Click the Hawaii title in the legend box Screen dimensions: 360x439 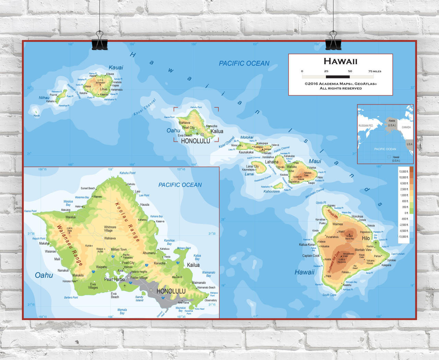340,61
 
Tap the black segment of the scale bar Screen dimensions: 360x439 338,77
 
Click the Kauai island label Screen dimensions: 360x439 116,68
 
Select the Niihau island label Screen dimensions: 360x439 44,98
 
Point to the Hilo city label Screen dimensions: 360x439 366,238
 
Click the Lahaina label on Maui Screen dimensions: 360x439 272,162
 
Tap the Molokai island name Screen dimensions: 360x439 247,137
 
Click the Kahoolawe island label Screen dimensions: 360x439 272,191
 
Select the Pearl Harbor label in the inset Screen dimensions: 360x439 115,279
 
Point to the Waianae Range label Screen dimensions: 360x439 70,245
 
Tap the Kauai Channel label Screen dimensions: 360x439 145,107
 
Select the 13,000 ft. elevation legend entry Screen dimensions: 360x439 404,171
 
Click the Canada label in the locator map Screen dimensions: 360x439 406,127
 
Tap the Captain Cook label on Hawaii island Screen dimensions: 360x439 311,256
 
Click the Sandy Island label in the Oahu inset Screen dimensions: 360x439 139,299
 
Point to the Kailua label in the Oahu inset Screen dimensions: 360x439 193,265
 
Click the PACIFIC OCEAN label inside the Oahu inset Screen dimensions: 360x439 180,185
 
